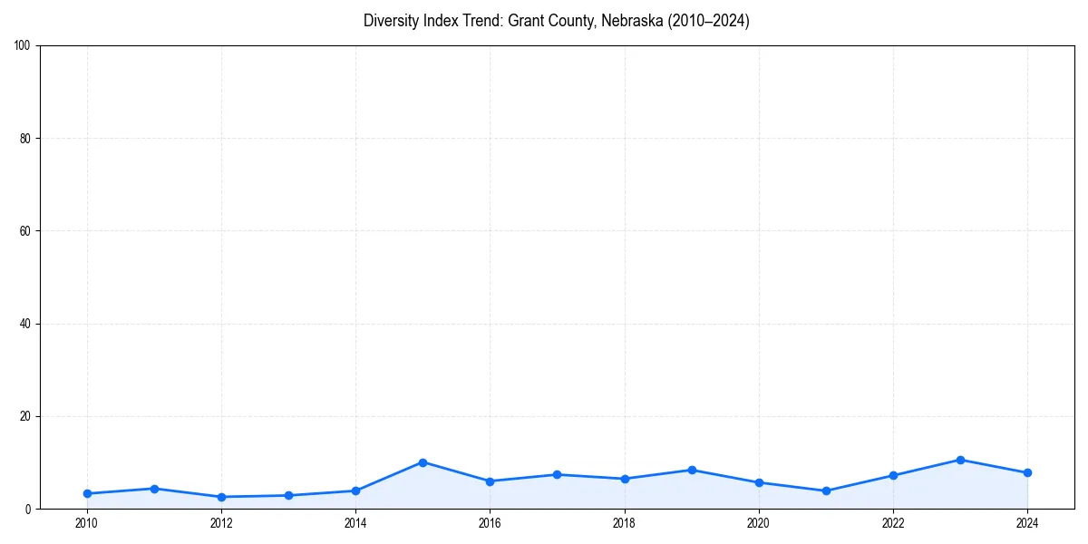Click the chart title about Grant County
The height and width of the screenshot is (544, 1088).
556,21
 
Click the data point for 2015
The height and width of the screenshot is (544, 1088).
423,462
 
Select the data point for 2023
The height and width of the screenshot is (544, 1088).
960,460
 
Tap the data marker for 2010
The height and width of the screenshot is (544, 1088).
87,493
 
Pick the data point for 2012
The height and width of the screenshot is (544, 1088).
221,497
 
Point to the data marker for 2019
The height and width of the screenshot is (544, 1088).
692,470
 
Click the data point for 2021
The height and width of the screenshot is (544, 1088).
826,491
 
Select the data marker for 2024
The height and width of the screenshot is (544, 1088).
1027,472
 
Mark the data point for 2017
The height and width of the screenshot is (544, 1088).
557,474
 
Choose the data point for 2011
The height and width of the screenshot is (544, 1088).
154,489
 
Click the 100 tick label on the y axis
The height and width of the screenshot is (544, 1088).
23,46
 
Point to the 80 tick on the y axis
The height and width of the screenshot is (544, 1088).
25,139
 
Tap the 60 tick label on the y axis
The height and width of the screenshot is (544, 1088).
25,231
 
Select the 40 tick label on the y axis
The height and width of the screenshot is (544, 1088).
25,324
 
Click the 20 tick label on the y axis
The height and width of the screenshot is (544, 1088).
25,416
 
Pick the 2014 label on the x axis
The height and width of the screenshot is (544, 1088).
355,523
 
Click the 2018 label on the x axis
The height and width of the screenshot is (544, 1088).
624,523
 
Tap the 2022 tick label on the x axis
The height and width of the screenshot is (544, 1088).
893,523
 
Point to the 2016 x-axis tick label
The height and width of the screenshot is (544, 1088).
490,523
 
